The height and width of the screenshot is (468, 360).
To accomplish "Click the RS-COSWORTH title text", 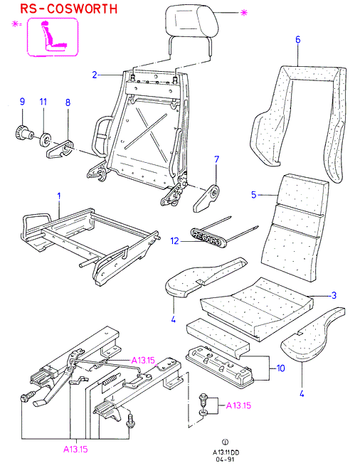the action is coord(69,9).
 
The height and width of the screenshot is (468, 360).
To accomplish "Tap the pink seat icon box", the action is coord(53,37).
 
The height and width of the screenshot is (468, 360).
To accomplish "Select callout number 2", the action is coord(95,75).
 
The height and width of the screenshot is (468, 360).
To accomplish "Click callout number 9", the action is coord(22,102).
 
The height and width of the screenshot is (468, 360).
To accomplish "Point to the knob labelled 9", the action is coord(23,133).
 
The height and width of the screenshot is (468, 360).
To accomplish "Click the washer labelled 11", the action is coord(46,140).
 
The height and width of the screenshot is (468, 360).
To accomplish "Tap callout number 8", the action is coord(68,102).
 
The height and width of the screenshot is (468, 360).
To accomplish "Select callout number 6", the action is coord(298,40).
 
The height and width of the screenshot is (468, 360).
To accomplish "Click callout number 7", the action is coord(217,159).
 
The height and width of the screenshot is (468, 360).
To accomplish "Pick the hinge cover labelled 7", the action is coord(206,198).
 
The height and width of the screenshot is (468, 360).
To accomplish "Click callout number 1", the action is coord(59,196).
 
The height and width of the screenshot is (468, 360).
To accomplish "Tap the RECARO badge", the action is coord(208,238).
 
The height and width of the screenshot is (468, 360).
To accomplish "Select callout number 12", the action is coord(174,240).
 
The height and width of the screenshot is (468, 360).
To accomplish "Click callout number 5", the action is coord(254,195).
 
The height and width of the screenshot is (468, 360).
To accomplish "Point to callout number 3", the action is coord(334,295).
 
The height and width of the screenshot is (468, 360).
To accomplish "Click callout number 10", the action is coord(281,368).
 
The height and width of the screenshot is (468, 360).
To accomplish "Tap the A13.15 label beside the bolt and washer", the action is coord(238,405).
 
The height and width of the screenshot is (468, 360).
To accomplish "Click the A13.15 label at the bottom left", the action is coord(75,449).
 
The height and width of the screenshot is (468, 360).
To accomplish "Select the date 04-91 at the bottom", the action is coord(226,459).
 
